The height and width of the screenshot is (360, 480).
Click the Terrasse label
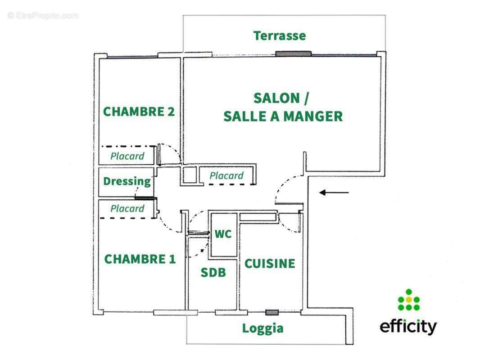tap(279, 36)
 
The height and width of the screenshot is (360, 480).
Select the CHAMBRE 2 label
tap(139, 112)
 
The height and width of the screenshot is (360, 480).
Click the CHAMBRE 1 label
tap(140, 259)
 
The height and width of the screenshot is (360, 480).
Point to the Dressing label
tap(127, 181)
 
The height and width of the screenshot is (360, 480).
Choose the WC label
tap(223, 234)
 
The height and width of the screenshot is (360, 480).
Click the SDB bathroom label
tap(213, 272)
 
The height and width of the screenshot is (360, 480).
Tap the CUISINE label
tap(269, 264)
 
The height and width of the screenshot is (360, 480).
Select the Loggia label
tap(263, 328)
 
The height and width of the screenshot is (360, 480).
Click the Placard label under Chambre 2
tap(127, 156)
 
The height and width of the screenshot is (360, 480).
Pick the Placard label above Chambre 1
tap(127, 209)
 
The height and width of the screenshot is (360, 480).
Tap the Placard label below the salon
tap(226, 175)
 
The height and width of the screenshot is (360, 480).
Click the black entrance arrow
tap(334, 193)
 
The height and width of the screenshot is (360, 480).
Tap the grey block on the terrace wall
tap(293, 54)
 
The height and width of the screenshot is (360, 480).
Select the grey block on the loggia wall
tap(272, 312)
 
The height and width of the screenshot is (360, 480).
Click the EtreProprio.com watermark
tap(43, 16)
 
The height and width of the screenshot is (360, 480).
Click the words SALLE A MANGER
tap(283, 117)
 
